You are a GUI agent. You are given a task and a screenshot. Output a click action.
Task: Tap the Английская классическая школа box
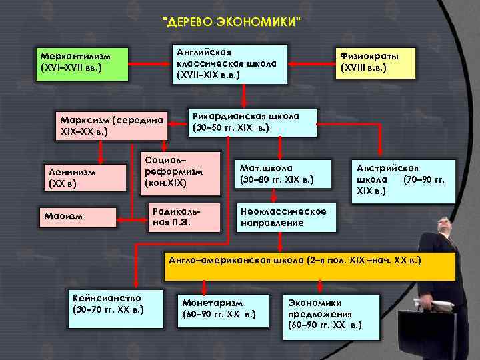click(x=229, y=64)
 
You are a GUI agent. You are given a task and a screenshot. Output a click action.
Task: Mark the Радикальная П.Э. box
click(x=182, y=215)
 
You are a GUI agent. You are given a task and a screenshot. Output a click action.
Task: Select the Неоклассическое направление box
click(x=286, y=216)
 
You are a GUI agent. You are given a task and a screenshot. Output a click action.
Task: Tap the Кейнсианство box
click(x=115, y=308)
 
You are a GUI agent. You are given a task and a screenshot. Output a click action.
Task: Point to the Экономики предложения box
click(x=325, y=313)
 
